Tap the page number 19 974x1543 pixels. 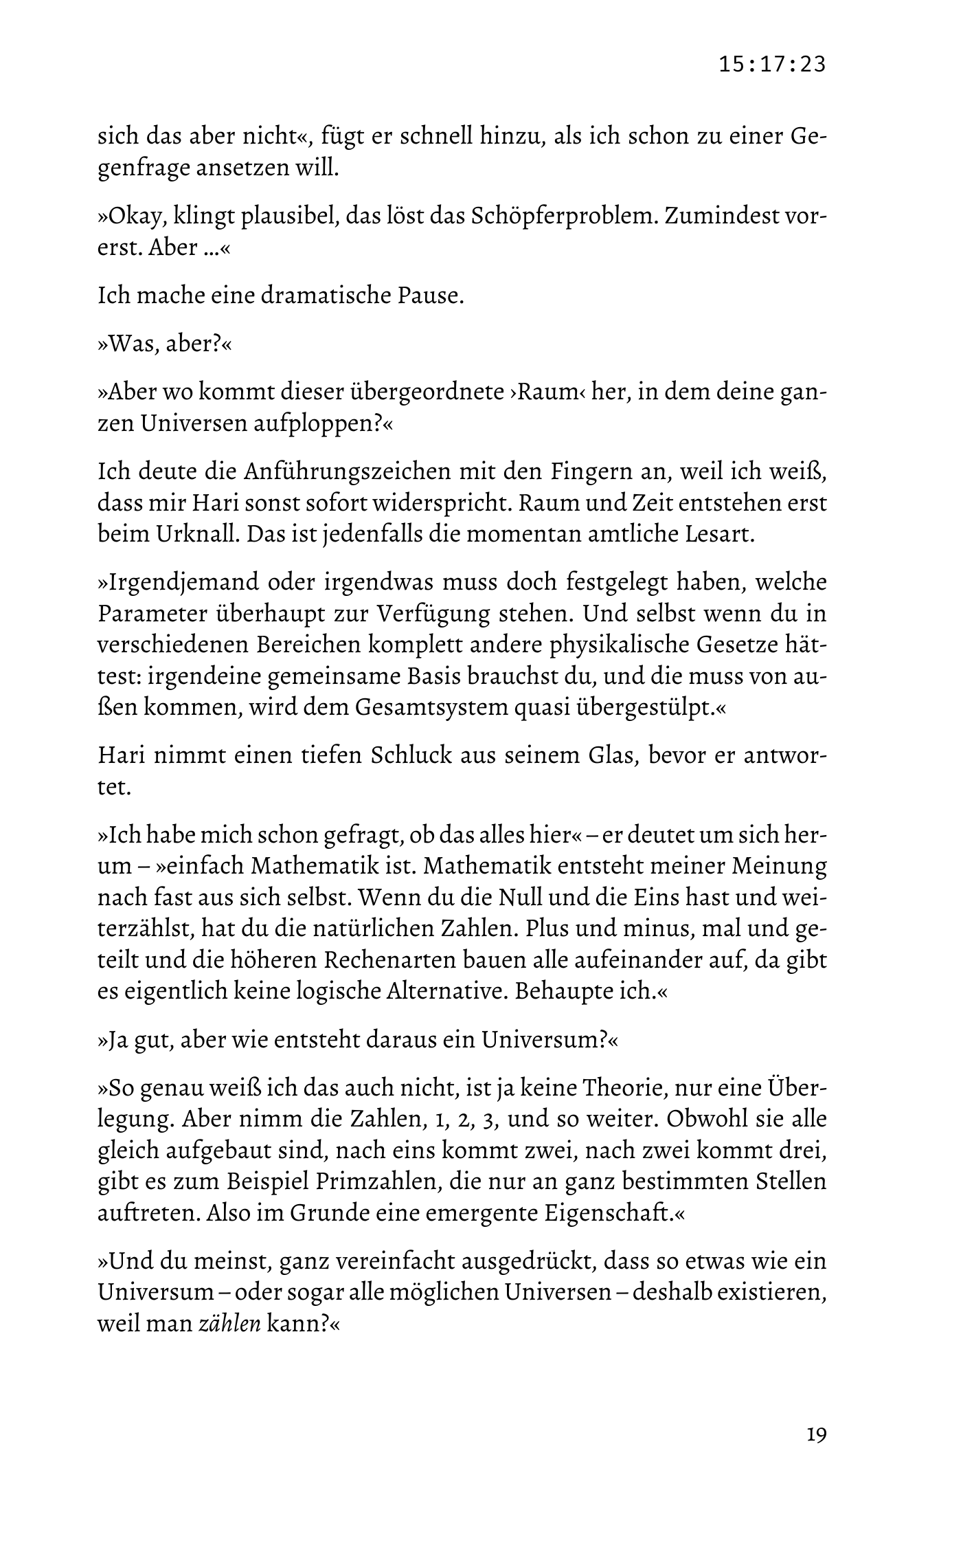(x=816, y=1434)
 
